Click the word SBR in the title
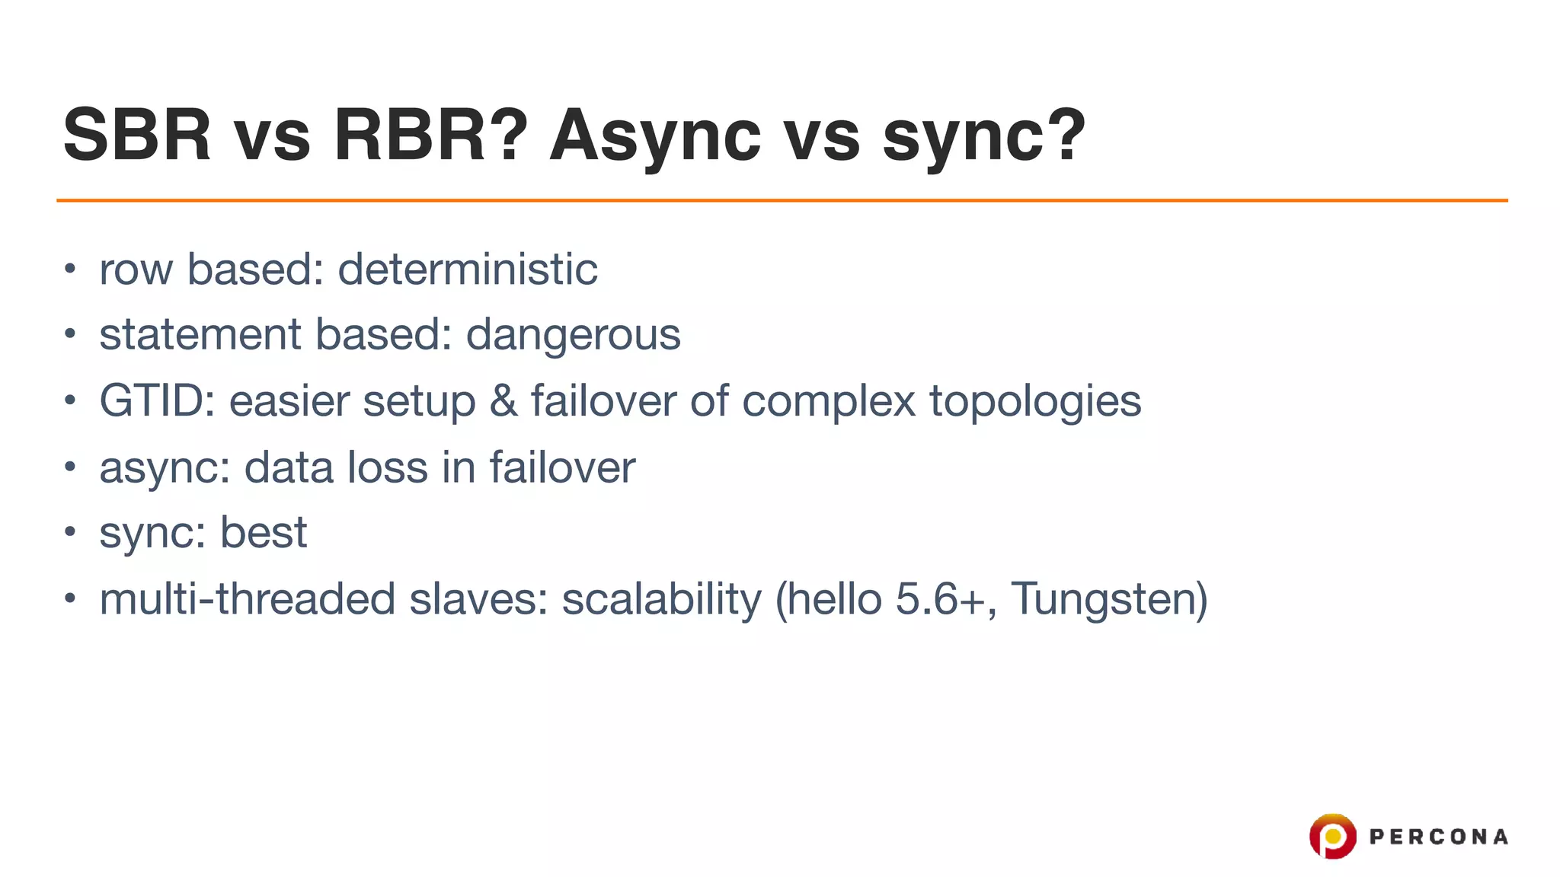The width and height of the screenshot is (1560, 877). (137, 136)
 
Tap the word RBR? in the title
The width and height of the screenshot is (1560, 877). (430, 136)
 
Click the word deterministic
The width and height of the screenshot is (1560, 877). (467, 269)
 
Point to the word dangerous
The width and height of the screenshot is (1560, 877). (573, 336)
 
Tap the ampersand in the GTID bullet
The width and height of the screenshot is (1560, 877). (503, 401)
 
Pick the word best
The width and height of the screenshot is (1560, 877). (264, 532)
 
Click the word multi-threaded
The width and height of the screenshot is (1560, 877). (247, 599)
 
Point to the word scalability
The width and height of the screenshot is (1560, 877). (661, 599)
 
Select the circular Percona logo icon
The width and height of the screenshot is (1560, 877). (1332, 836)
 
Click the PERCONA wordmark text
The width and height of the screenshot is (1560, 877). (1438, 837)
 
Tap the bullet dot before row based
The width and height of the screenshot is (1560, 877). (70, 269)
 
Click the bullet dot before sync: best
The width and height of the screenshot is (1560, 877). (70, 531)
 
